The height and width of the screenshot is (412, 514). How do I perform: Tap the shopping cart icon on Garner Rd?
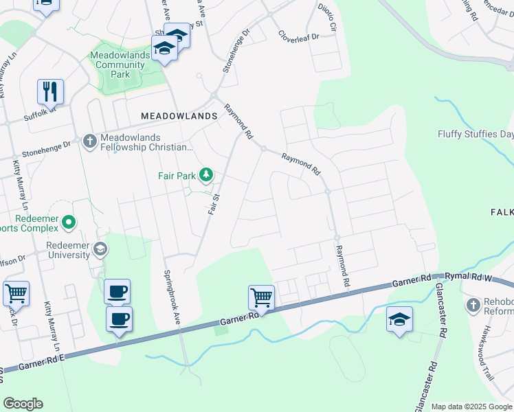coord(261,297)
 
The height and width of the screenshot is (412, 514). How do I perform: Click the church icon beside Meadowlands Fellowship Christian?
coord(89,141)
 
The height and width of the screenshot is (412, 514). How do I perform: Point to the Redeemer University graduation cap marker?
coord(100,248)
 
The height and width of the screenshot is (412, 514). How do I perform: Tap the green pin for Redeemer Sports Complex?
coord(68,222)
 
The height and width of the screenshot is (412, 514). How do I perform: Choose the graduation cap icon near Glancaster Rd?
coord(399,319)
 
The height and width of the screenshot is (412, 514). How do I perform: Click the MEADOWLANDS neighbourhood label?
coord(179,117)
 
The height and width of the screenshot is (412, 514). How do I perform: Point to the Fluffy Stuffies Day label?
coord(476,135)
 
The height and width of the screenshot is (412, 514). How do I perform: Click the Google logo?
coord(23,404)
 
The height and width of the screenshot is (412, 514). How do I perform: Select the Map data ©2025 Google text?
coord(471,407)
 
